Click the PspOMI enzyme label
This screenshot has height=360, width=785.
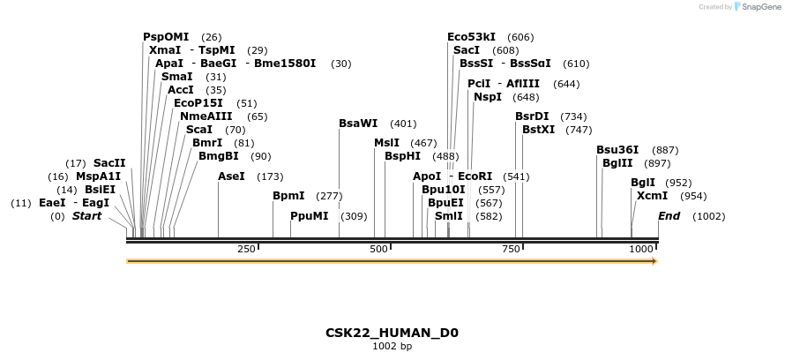(x=166, y=37)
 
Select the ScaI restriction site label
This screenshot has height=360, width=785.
(x=198, y=130)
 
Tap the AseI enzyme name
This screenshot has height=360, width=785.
(x=231, y=176)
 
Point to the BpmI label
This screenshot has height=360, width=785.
(x=288, y=196)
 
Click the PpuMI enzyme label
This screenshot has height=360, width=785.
(x=309, y=216)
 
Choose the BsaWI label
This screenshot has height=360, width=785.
(x=358, y=124)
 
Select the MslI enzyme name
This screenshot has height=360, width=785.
(x=386, y=143)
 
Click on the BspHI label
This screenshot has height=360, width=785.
(x=402, y=156)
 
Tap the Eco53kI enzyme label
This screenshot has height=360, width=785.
(x=471, y=37)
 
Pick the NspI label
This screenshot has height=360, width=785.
(x=488, y=97)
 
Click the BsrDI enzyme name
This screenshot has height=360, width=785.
(x=532, y=116)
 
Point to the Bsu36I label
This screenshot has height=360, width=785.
(x=617, y=150)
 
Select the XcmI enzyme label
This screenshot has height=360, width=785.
(x=652, y=196)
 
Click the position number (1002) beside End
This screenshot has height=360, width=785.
(x=708, y=216)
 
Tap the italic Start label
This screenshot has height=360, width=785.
(x=86, y=216)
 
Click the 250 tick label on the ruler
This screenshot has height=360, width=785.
(x=247, y=250)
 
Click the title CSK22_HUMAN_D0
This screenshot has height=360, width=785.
(x=392, y=333)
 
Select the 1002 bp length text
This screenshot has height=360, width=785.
(x=392, y=346)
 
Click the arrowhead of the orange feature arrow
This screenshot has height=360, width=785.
(x=654, y=261)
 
